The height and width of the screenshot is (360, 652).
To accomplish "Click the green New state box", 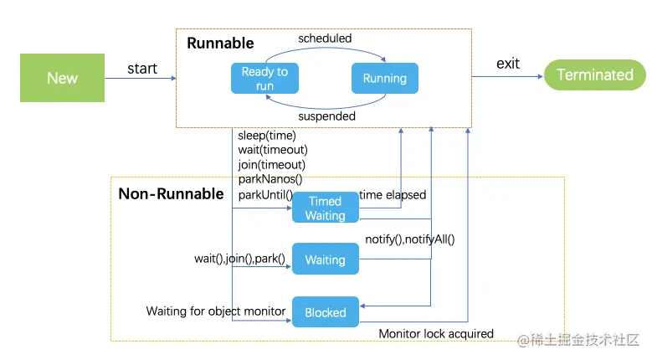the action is (63, 78).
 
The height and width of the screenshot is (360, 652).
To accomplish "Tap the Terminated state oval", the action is (595, 75).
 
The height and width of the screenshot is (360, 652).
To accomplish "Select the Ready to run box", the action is (264, 78).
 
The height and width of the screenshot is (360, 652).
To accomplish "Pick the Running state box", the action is (385, 78).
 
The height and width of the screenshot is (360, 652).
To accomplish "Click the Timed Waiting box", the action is (326, 208).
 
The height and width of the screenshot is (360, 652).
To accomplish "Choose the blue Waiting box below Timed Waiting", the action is (326, 259).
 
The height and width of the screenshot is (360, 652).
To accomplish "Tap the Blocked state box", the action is (326, 311).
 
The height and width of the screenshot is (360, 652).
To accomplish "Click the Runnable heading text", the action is (220, 44).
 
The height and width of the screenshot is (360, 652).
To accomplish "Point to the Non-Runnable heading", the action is (171, 193).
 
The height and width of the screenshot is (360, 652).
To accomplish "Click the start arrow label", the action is (142, 69).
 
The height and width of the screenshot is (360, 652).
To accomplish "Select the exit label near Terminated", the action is (508, 64).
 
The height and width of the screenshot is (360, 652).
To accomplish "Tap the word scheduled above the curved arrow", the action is (325, 39).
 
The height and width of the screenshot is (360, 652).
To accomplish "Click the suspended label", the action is (326, 116).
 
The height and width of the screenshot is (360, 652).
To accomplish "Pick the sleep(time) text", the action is (267, 136).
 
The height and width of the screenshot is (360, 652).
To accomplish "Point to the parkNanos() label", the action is (270, 179).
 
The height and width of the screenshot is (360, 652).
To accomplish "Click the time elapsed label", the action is (393, 194).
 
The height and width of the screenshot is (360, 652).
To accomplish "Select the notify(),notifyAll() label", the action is (410, 239).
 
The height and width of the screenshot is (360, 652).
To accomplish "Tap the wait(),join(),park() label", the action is (239, 259).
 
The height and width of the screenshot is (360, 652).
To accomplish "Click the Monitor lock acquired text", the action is (436, 334).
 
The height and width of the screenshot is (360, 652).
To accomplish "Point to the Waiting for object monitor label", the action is (216, 311).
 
